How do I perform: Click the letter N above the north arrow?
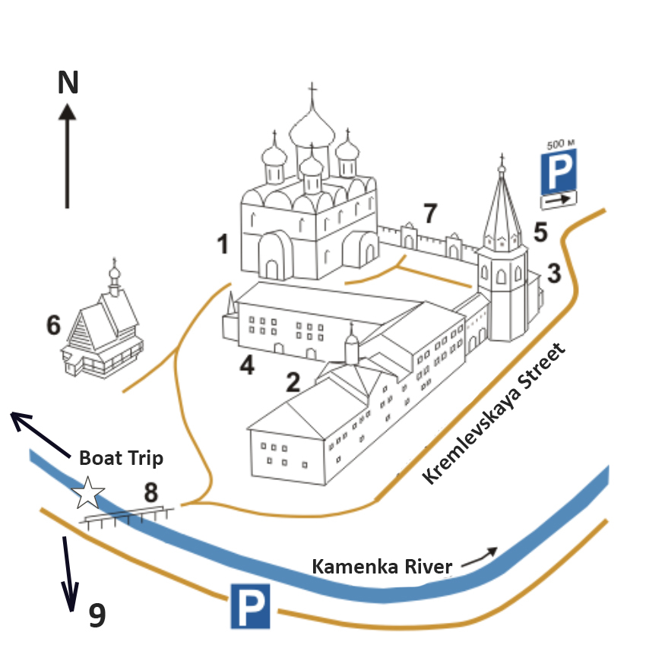(x=68, y=82)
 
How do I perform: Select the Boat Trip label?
(x=121, y=459)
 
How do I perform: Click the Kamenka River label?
(x=383, y=566)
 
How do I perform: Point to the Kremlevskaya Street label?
(x=496, y=414)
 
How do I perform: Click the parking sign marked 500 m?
(x=558, y=171)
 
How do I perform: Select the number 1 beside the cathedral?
(x=223, y=245)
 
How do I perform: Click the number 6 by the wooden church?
(x=53, y=325)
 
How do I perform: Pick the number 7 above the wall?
(x=430, y=214)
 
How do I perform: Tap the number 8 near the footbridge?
(x=151, y=492)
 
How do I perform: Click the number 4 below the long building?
(x=246, y=365)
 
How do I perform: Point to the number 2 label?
(x=293, y=382)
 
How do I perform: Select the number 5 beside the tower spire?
(x=540, y=232)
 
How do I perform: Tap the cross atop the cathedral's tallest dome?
(x=312, y=92)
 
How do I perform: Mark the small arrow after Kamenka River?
(x=483, y=555)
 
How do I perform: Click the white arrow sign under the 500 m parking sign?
(x=558, y=199)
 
